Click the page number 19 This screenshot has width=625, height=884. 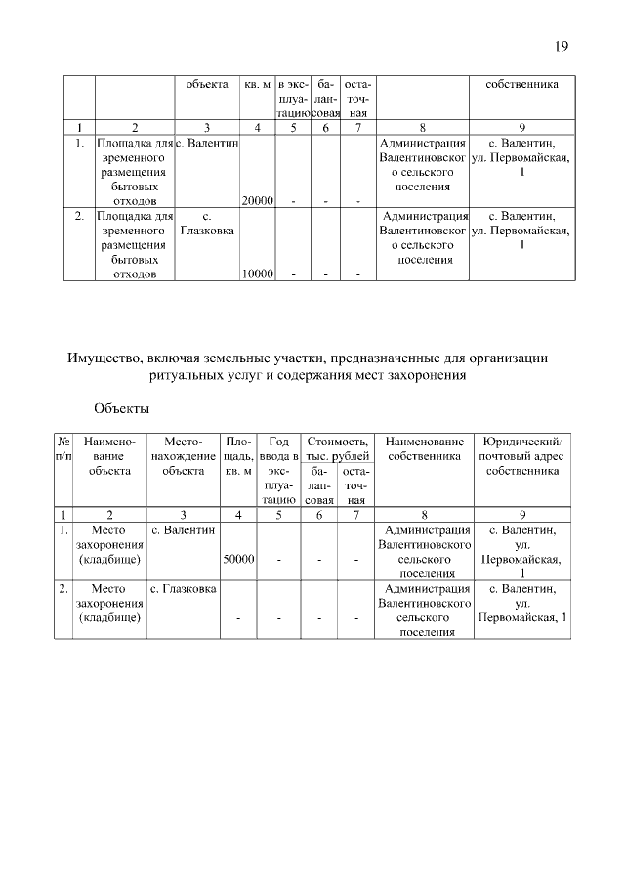tap(561, 46)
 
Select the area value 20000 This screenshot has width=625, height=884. tap(257, 201)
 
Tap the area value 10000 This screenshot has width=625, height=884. tap(257, 274)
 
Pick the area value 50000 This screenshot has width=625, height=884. tap(239, 560)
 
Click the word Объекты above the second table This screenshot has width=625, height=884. tap(122, 406)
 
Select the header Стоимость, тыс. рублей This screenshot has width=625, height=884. tap(337, 448)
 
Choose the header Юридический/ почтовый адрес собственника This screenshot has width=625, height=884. tap(523, 456)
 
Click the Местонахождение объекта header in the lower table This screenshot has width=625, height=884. tap(184, 456)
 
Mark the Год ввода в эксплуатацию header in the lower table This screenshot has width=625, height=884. tap(278, 470)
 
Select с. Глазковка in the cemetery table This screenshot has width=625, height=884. tap(184, 590)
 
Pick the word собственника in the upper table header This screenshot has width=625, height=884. tap(523, 84)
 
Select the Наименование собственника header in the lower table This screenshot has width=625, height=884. tap(423, 448)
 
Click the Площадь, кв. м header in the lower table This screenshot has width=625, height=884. tap(239, 456)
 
